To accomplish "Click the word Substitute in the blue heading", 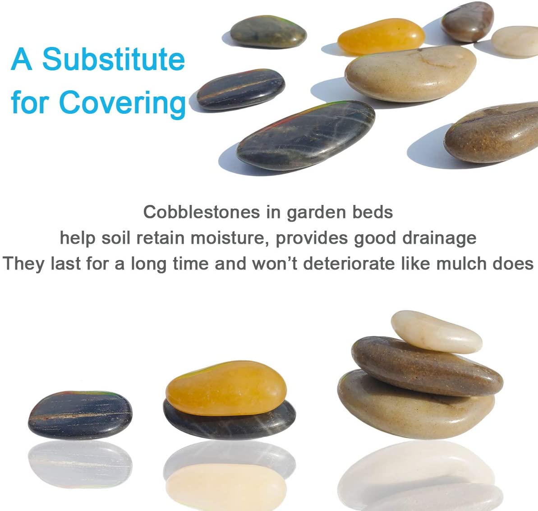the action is (x=114, y=59).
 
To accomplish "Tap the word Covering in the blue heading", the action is (x=123, y=102).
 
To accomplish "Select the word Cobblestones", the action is (x=202, y=212).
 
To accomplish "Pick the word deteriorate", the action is (x=349, y=263).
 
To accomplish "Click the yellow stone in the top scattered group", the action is (x=381, y=37).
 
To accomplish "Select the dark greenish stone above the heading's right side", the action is (x=268, y=32).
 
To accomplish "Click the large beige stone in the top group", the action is (x=410, y=74).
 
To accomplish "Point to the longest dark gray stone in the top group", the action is (x=306, y=135).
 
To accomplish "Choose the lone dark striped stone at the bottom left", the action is (x=80, y=415).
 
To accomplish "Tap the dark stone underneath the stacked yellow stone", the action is (x=229, y=422).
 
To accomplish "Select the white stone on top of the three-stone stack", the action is (x=436, y=331).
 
